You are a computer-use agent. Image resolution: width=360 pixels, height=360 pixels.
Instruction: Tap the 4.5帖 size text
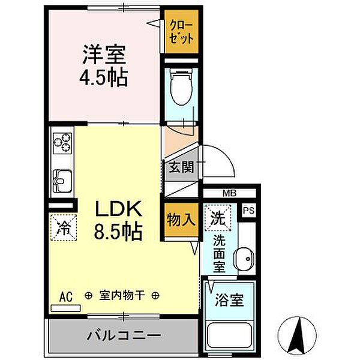tap(104, 78)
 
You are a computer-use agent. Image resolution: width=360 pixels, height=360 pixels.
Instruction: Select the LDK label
tap(119, 209)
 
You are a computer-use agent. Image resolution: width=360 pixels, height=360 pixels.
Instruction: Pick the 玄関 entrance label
tap(181, 168)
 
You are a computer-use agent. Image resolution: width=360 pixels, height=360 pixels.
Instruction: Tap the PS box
tap(248, 211)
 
